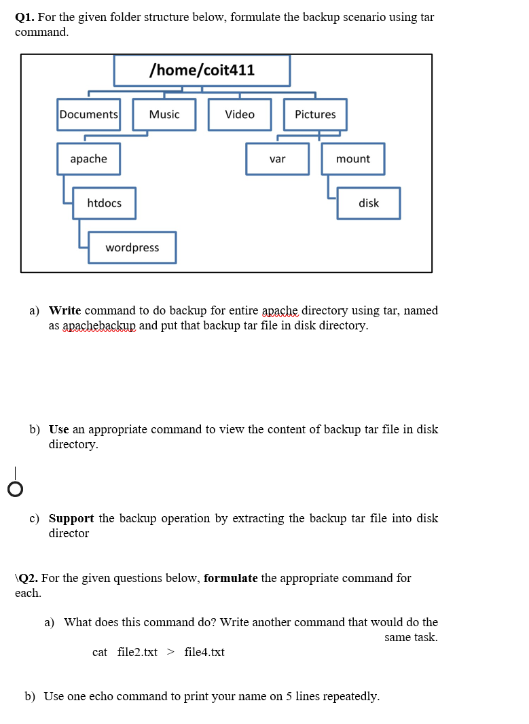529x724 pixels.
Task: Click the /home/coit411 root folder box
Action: point(202,71)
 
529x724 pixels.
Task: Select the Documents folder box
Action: point(88,114)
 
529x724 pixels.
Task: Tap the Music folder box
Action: point(164,114)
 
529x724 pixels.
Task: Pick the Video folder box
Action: point(240,114)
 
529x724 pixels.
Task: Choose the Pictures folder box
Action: point(315,114)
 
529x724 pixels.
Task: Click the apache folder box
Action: point(89,158)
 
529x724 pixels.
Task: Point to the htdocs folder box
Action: point(105,203)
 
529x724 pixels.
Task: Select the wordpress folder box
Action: point(132,247)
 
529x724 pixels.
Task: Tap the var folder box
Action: point(277,158)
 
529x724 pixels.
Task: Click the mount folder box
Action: point(353,158)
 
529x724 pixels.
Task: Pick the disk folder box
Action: point(369,203)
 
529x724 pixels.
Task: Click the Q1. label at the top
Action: point(25,17)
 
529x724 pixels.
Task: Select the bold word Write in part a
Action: point(65,310)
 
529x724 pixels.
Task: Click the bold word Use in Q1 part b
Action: point(59,429)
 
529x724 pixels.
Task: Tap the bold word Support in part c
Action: point(71,518)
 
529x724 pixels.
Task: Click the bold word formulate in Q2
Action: point(230,578)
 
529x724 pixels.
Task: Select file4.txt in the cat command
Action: point(204,652)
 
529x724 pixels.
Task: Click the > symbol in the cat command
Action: point(170,652)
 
